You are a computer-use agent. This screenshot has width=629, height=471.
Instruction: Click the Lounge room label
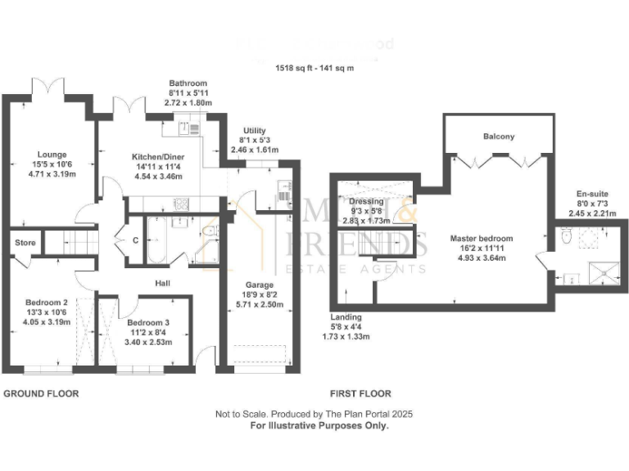(x=52, y=154)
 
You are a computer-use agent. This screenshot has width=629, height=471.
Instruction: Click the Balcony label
(x=499, y=137)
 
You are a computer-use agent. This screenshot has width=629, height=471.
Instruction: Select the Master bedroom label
(x=477, y=239)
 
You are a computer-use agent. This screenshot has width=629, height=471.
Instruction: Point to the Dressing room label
(x=366, y=201)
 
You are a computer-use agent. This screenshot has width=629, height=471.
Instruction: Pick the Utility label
(x=254, y=131)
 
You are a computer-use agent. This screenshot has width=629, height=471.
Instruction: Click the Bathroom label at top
(x=188, y=83)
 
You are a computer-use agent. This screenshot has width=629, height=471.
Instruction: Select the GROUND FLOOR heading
(x=41, y=393)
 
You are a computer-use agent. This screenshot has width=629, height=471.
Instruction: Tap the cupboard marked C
(x=135, y=240)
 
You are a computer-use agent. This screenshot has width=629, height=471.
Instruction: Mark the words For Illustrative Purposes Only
(x=319, y=425)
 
